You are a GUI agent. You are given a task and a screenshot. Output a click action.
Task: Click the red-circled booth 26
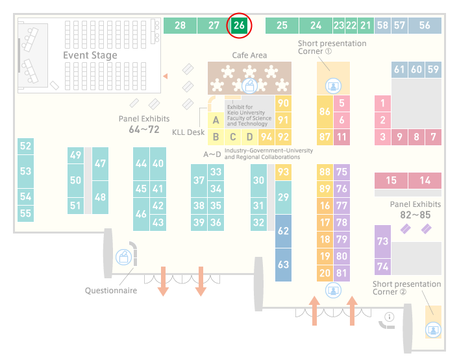pyautogui.click(x=239, y=25)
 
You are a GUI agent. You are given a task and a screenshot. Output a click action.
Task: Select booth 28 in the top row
pyautogui.click(x=180, y=25)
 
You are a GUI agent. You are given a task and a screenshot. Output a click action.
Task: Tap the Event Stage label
pyautogui.click(x=90, y=55)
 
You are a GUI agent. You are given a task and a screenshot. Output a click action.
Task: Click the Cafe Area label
pyautogui.click(x=249, y=55)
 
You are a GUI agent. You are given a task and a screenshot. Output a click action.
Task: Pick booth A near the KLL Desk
pyautogui.click(x=216, y=120)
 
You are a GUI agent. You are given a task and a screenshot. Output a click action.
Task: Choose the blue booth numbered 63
pyautogui.click(x=283, y=265)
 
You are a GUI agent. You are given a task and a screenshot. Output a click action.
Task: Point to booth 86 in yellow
pyautogui.click(x=325, y=112)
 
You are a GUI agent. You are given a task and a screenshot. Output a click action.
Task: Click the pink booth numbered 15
pyautogui.click(x=391, y=180)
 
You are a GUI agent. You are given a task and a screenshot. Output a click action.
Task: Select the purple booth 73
pyautogui.click(x=382, y=241)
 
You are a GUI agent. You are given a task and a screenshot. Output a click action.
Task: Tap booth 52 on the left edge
pyautogui.click(x=25, y=146)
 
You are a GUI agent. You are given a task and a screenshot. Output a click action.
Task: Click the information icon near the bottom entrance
pyautogui.click(x=390, y=317)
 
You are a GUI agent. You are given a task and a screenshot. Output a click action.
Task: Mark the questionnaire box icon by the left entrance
pyautogui.click(x=123, y=258)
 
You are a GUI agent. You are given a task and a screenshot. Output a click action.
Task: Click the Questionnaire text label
pyautogui.click(x=111, y=291)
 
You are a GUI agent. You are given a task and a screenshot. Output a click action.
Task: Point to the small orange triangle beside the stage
pyautogui.click(x=166, y=77)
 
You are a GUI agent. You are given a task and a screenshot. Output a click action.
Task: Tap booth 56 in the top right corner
pyautogui.click(x=425, y=25)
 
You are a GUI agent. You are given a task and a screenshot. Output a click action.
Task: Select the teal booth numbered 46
pyautogui.click(x=141, y=214)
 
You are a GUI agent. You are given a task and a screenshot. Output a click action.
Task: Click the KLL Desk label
pyautogui.click(x=188, y=132)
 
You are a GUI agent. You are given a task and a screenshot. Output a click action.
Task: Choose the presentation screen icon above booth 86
pyautogui.click(x=333, y=86)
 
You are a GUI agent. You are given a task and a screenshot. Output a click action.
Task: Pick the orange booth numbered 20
pyautogui.click(x=325, y=273)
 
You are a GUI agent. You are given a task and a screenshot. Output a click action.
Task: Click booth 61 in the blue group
pyautogui.click(x=399, y=69)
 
